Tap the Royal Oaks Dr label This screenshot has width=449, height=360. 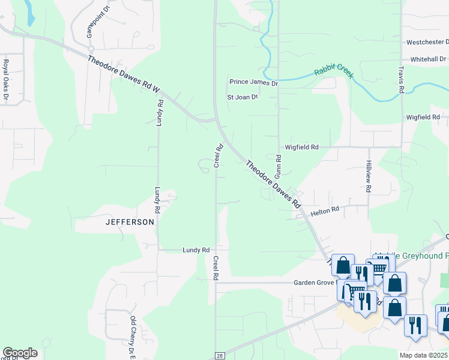coord(7,73)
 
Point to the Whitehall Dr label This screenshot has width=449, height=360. coord(429,59)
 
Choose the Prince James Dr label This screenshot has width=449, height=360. coord(254,82)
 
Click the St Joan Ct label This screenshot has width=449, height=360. coord(242,97)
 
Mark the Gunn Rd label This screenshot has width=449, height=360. coord(279,166)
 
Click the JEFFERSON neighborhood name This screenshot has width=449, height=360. coord(130,222)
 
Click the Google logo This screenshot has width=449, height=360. coord(20,352)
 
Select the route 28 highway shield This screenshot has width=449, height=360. coord(220,356)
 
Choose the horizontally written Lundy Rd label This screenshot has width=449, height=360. coord(196,250)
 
